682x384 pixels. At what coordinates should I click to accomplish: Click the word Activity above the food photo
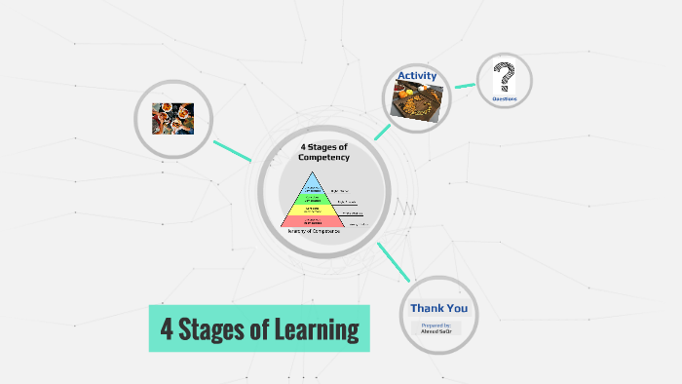tap(416, 75)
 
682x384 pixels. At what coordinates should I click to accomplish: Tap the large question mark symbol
tap(504, 77)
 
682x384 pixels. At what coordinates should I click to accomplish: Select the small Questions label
tap(504, 98)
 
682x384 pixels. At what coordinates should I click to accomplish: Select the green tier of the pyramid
tap(313, 197)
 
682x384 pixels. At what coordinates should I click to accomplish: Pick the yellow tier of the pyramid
tap(313, 210)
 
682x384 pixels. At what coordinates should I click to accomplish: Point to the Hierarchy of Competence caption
tap(313, 232)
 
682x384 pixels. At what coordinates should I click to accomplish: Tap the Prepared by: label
tap(436, 325)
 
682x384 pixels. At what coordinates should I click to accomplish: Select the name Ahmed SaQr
tap(436, 331)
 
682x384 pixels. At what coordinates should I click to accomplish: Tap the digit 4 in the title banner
tap(167, 329)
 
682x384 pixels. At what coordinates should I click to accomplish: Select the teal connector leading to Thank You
tap(393, 262)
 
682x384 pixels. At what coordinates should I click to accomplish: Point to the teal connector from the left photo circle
tap(232, 151)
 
